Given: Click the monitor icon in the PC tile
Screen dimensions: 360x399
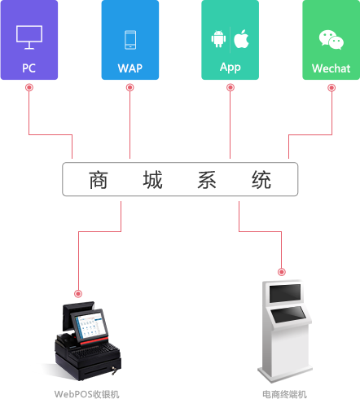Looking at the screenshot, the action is point(29,37).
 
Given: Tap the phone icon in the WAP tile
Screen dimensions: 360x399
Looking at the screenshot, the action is point(130,40).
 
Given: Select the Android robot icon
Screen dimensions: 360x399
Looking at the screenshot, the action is point(218,39).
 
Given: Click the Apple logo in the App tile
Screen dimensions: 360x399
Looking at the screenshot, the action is point(241,39).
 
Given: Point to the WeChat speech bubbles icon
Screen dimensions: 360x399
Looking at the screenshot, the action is point(331,40).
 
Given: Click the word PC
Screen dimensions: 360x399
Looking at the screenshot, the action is point(29,68).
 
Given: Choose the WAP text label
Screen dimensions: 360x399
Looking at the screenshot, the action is point(130,68).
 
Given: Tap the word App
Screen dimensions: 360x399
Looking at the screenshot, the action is point(230,68).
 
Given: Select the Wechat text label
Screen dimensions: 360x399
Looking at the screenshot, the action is point(331,68).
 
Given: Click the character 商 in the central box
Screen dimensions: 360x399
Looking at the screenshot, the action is point(99,180).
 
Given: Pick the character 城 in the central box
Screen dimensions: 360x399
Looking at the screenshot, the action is point(152,180).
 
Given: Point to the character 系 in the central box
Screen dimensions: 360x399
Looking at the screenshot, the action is point(207,180).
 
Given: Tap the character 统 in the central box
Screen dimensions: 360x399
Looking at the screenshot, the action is point(261,180).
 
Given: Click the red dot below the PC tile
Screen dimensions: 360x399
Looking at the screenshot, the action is point(29,87).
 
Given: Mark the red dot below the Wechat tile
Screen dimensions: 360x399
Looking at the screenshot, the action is point(331,88).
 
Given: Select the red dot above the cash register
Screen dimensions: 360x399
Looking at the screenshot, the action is point(78,294).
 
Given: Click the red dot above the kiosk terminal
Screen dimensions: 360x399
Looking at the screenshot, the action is point(282,272).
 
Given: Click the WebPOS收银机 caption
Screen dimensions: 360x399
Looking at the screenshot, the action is point(86,394).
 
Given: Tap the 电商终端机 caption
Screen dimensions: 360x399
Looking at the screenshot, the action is point(284,394).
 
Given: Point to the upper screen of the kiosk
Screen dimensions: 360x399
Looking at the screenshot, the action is point(285,293).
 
